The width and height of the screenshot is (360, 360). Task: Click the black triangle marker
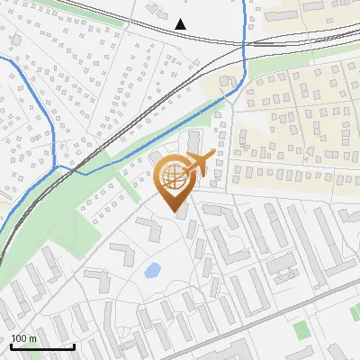(x=181, y=24)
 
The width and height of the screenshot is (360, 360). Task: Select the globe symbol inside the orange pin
(x=171, y=175)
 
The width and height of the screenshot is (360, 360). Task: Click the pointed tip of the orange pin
(x=173, y=211)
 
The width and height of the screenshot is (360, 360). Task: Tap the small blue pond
(x=153, y=268)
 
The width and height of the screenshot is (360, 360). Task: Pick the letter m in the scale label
(x=32, y=339)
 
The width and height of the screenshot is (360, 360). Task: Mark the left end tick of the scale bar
(x=10, y=346)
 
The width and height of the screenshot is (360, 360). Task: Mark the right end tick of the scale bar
(x=74, y=346)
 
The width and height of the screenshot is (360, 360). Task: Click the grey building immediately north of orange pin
(x=193, y=142)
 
